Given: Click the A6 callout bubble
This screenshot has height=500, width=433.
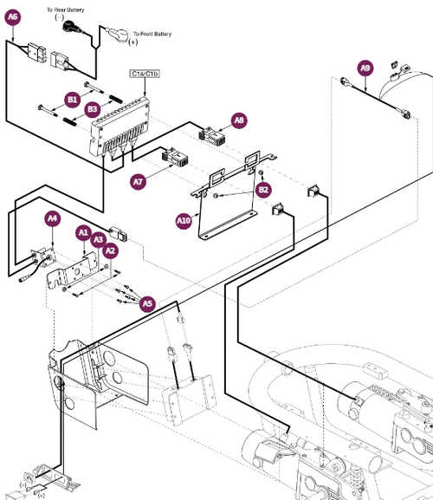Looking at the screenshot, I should click(x=13, y=16).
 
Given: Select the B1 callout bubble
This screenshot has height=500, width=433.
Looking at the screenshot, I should click(x=73, y=100).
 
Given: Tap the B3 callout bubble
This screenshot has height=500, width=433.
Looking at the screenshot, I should click(x=93, y=109).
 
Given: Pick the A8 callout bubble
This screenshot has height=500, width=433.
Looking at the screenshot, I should click(x=240, y=120).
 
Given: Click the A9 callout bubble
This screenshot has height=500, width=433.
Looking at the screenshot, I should click(x=365, y=68).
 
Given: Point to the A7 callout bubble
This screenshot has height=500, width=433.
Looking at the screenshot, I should click(x=138, y=182).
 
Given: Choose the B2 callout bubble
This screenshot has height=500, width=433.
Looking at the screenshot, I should click(x=264, y=189).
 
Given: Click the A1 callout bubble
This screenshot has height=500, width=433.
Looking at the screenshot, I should click(x=84, y=232).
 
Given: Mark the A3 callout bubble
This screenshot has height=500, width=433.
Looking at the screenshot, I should click(x=99, y=239).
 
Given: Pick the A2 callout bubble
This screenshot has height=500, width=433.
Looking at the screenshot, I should click(x=110, y=250).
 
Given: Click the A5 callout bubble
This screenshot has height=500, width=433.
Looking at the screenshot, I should click(x=147, y=303).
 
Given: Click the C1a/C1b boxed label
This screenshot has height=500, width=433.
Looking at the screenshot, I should click(x=145, y=75).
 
